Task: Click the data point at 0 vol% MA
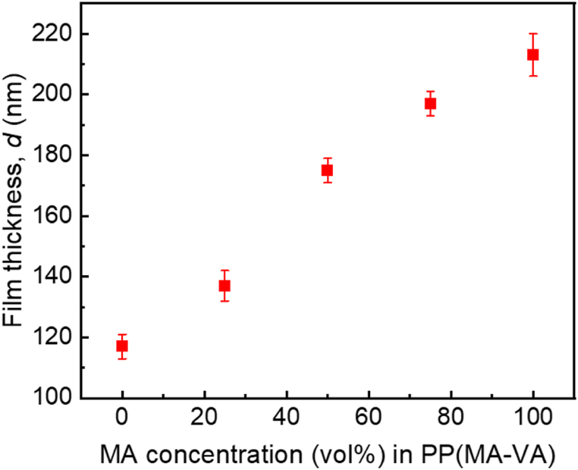coord(122,346)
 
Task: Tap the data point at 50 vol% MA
coord(327,171)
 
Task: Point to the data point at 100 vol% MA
coord(532,55)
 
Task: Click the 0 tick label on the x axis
coord(122,418)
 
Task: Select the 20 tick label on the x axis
coord(204,418)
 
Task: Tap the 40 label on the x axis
coord(286,418)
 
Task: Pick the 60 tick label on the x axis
coord(368,418)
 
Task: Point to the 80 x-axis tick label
coord(451,418)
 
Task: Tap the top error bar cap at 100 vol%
coord(532,33)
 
